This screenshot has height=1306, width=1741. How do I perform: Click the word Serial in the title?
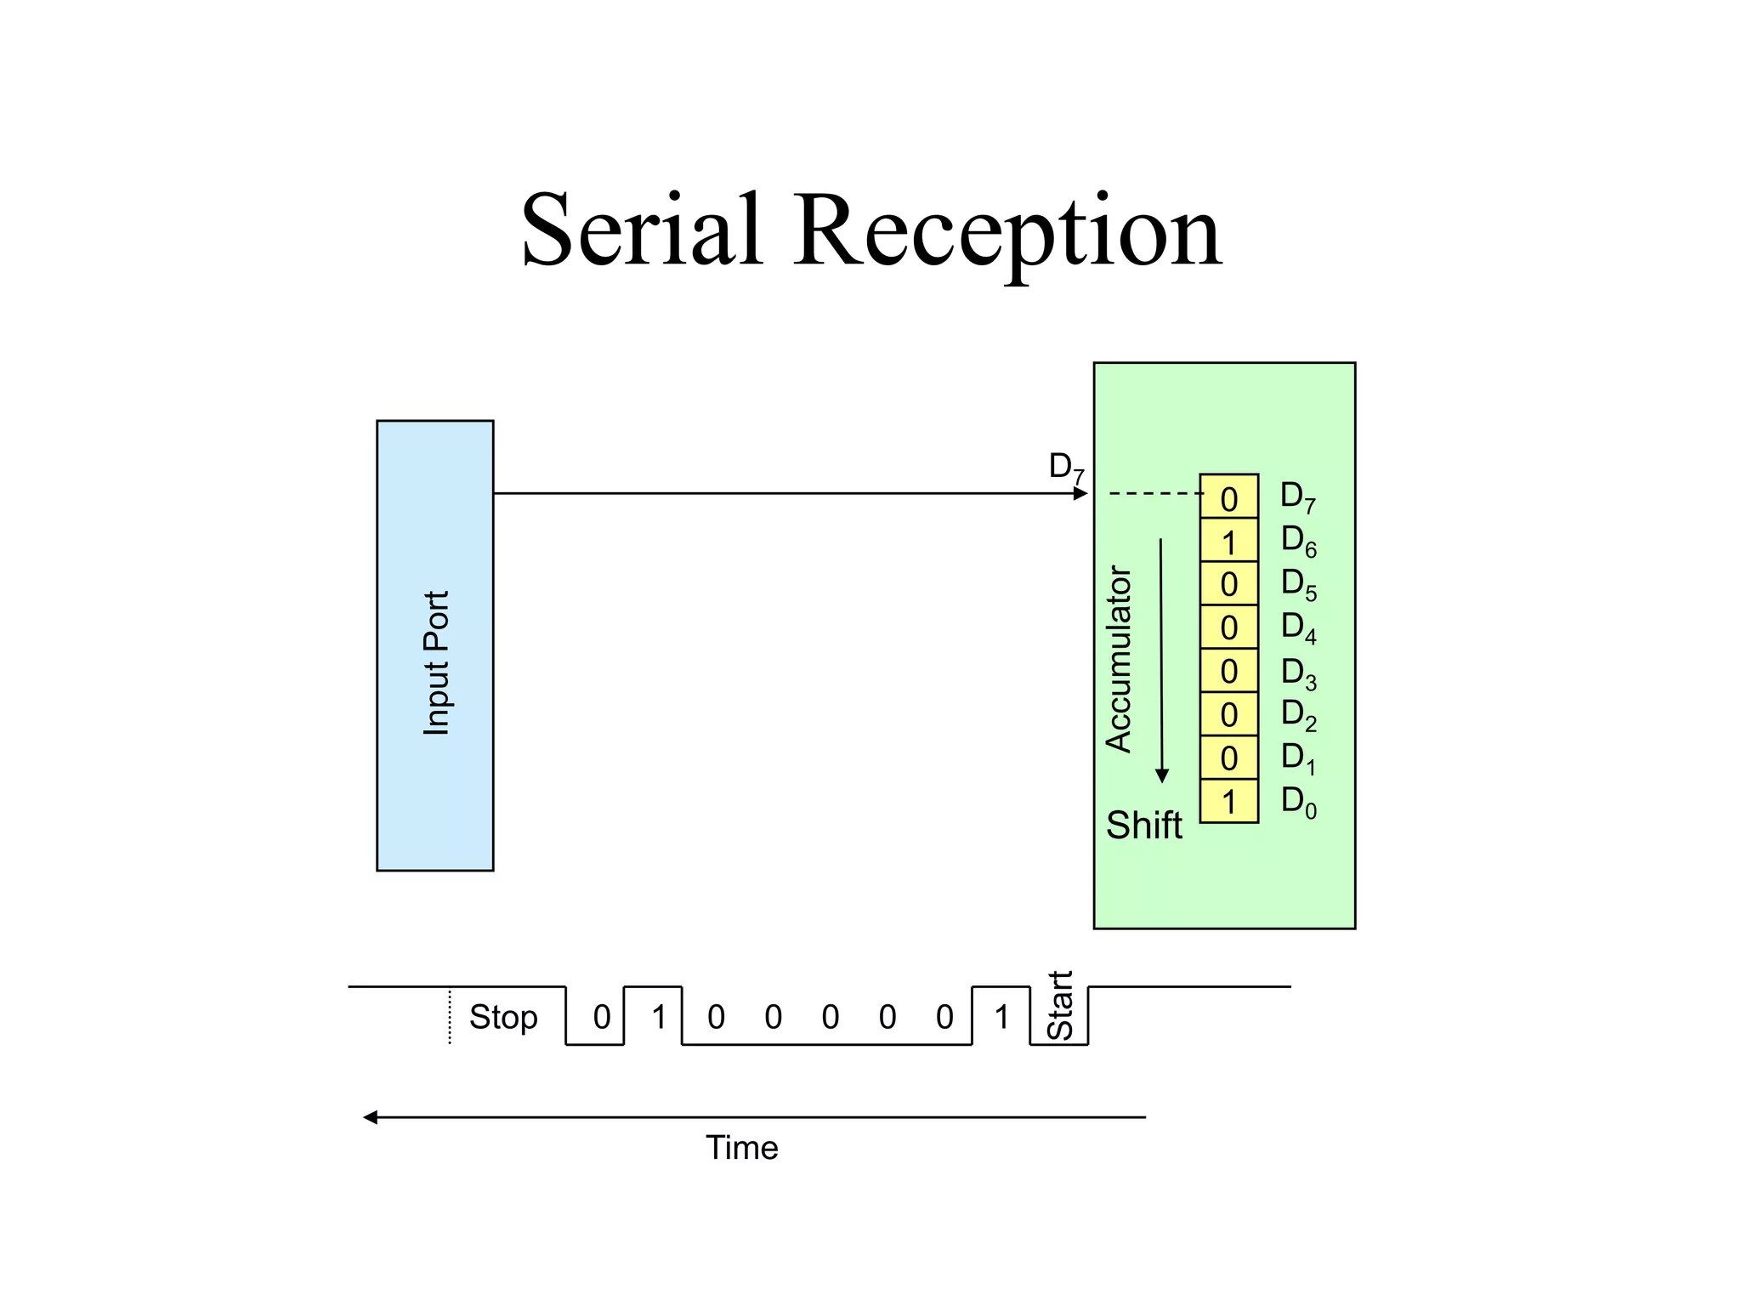tap(641, 231)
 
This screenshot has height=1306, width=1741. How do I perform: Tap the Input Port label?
tap(436, 662)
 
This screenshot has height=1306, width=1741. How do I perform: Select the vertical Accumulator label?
tap(1119, 659)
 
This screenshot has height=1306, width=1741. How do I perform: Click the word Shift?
tap(1143, 825)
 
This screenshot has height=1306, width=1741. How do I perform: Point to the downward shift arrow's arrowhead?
tap(1162, 775)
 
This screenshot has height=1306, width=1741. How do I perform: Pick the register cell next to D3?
tap(1228, 672)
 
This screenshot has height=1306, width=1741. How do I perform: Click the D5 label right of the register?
tap(1298, 584)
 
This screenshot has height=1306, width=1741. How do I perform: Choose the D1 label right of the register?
tap(1298, 758)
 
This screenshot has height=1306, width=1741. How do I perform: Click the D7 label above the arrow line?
tap(1066, 467)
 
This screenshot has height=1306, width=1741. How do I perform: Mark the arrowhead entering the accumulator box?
tap(1081, 493)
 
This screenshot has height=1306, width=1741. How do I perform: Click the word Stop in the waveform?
tap(503, 1017)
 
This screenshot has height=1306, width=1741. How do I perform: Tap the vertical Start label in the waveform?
tap(1060, 1005)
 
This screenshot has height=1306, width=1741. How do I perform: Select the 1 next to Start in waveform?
tap(1001, 1017)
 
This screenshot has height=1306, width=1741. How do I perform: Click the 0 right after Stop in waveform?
tap(602, 1017)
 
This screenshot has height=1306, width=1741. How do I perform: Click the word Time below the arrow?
tap(741, 1148)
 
